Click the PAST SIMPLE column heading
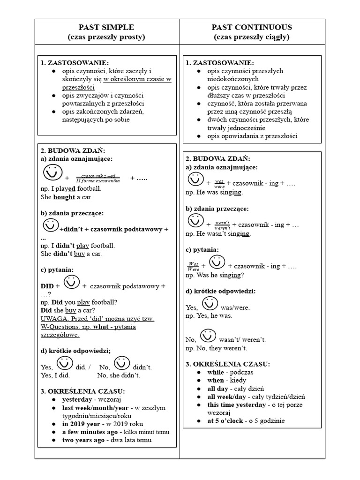pyautogui.click(x=107, y=27)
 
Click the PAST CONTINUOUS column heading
pyautogui.click(x=252, y=27)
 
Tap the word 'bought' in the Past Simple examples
pyautogui.click(x=64, y=197)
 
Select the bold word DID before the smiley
pyautogui.click(x=47, y=286)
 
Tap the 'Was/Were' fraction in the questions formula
pyautogui.click(x=193, y=266)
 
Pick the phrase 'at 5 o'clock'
pyautogui.click(x=225, y=420)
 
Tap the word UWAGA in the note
pyautogui.click(x=52, y=318)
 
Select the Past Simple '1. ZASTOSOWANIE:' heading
pyautogui.click(x=75, y=63)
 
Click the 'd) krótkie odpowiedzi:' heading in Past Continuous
pyautogui.click(x=220, y=291)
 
